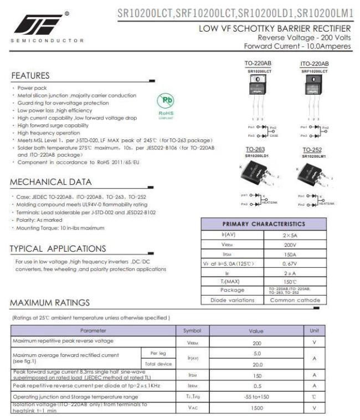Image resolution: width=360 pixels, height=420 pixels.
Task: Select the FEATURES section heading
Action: click(32, 75)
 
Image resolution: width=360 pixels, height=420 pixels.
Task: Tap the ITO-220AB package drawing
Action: click(313, 91)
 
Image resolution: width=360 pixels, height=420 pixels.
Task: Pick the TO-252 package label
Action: click(313, 149)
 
